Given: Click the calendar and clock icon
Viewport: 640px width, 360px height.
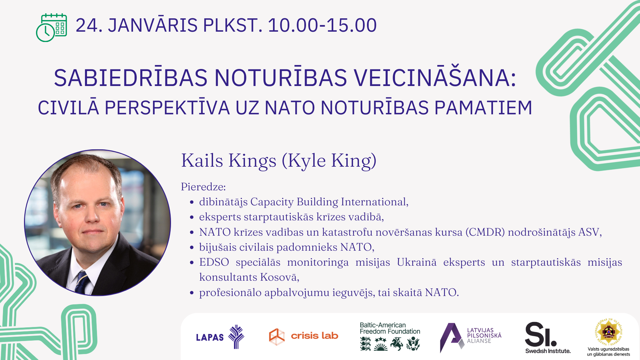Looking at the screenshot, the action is pyautogui.click(x=51, y=28).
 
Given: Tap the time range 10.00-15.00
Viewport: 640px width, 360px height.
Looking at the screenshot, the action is pyautogui.click(x=322, y=25).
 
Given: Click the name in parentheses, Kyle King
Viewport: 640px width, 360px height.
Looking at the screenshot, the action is pyautogui.click(x=329, y=161).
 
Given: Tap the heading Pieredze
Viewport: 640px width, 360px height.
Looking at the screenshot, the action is pyautogui.click(x=203, y=187).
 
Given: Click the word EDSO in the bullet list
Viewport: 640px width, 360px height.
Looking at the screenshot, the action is pyautogui.click(x=214, y=262).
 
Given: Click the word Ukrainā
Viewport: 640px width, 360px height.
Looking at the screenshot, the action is pyautogui.click(x=417, y=262).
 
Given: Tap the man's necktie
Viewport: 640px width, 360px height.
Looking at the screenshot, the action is pyautogui.click(x=82, y=282).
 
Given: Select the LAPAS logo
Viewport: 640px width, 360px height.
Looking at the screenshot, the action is pyautogui.click(x=220, y=337).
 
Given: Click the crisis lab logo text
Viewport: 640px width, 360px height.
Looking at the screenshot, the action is pyautogui.click(x=314, y=336).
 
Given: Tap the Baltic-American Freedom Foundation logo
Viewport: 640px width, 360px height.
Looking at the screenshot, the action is pyautogui.click(x=390, y=336).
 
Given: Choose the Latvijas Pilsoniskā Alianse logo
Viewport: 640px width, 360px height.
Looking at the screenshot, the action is pyautogui.click(x=470, y=337).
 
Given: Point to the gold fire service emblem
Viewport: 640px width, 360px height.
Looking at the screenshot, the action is pyautogui.click(x=609, y=332).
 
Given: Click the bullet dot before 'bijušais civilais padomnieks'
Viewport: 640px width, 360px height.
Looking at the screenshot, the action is pyautogui.click(x=192, y=247).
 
